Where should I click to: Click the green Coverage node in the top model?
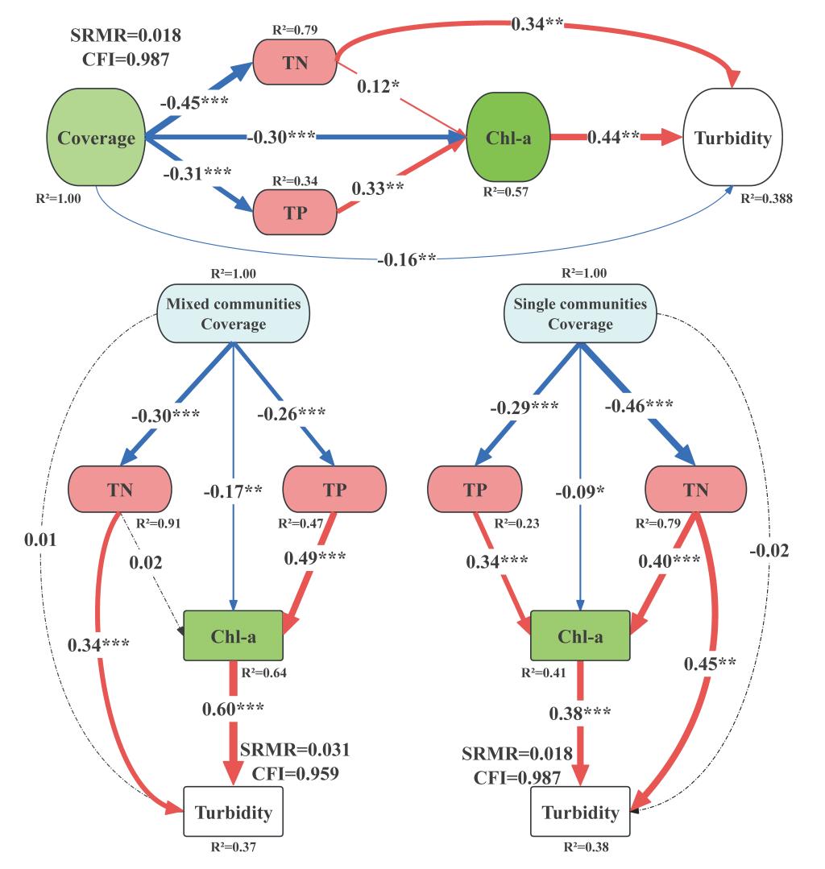click(x=96, y=139)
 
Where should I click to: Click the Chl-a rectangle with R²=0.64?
click(x=233, y=634)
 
